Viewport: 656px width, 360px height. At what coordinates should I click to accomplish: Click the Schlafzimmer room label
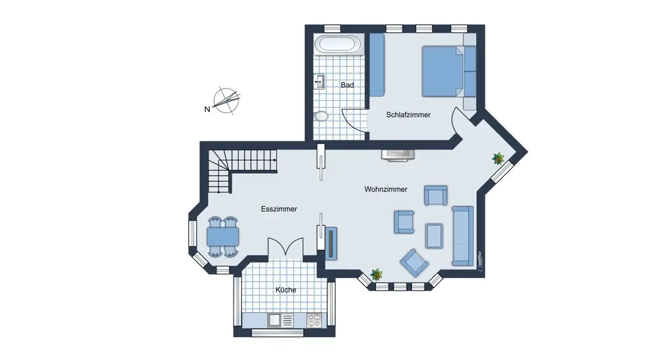pos(408,115)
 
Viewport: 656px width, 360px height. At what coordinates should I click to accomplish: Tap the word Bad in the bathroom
pos(347,85)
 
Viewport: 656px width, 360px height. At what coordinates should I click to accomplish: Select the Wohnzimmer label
pos(386,190)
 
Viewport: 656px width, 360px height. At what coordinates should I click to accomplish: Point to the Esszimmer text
pos(279,209)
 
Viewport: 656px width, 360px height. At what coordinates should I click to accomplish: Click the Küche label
pos(285,290)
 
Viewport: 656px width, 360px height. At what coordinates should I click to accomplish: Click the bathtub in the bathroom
pos(338,45)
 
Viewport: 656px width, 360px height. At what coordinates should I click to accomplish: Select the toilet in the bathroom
pos(321,116)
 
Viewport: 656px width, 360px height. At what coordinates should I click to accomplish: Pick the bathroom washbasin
pos(319,82)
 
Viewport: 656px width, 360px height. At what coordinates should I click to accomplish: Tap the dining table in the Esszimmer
pos(222,235)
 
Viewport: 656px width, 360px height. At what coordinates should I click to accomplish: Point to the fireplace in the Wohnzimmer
pos(399,155)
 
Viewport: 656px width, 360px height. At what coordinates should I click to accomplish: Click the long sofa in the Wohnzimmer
pos(462,235)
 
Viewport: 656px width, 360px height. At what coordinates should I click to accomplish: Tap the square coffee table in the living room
pos(434,235)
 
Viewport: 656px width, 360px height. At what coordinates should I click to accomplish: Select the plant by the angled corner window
pos(499,158)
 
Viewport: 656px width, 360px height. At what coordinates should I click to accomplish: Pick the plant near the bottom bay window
pos(377,274)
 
